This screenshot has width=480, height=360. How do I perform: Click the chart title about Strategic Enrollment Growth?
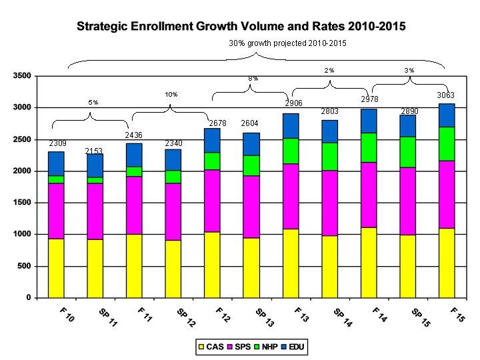coord(241,27)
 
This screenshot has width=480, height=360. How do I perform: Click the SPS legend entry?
coord(237,347)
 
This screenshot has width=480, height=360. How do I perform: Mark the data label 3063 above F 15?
coord(446,96)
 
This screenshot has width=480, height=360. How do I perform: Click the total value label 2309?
coord(57,143)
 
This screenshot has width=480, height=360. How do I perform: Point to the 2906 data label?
coord(294,104)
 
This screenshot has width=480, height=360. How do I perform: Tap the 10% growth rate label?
coord(171,95)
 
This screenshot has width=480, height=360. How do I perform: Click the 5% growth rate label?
coord(93,103)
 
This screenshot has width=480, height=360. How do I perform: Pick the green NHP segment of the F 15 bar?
coord(447,143)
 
